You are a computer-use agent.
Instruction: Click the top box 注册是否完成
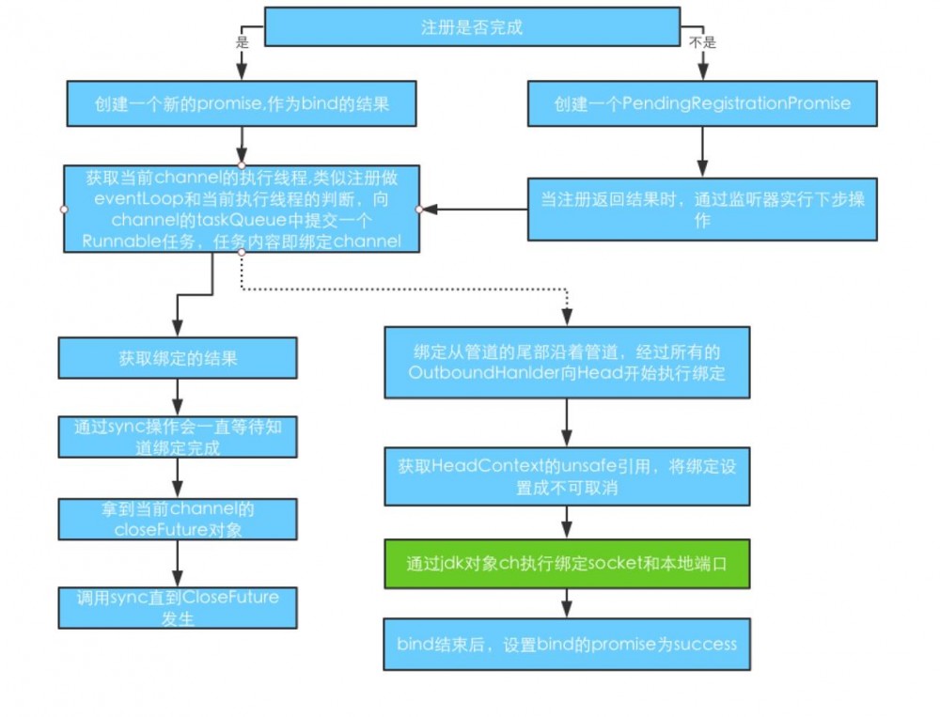[471, 26]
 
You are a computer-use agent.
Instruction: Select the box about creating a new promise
[242, 103]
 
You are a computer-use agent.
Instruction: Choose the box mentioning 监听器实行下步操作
[702, 209]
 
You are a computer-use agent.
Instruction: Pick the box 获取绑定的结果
[178, 358]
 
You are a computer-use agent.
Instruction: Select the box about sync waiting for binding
[178, 437]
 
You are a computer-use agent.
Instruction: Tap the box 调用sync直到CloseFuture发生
[178, 607]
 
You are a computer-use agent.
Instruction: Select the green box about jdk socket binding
[567, 564]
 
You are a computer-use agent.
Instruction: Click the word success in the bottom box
[705, 644]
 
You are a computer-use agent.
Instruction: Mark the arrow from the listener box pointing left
[470, 209]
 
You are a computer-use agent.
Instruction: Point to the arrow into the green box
[567, 524]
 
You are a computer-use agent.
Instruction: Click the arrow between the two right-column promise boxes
[703, 150]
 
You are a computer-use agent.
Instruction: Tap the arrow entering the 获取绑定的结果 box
[178, 315]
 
